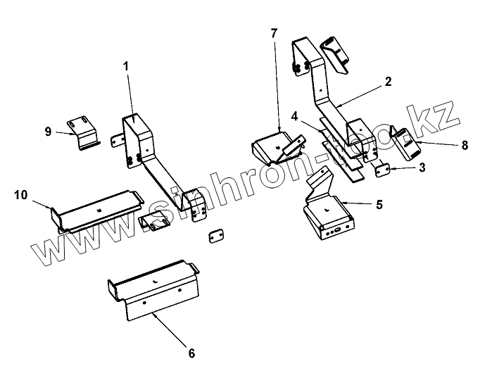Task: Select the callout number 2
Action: (x=388, y=82)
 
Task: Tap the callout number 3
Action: (x=422, y=169)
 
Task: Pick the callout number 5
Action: (x=379, y=204)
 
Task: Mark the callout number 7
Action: (x=274, y=33)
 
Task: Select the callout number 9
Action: (x=48, y=131)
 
